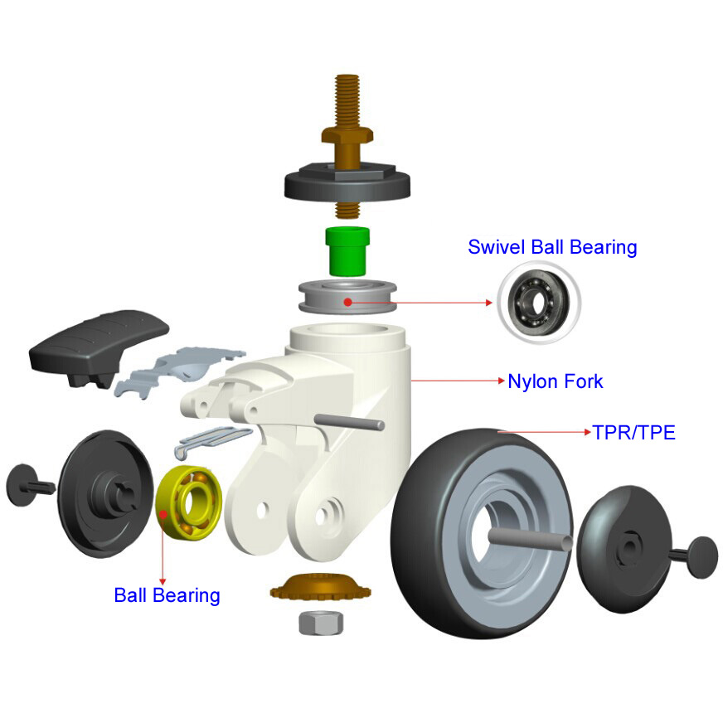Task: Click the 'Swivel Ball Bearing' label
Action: pos(552,247)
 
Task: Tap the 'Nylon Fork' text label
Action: pos(556,381)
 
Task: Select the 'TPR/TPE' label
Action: pos(634,433)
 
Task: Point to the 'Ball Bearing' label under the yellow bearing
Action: pos(167,595)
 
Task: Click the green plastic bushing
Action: pos(347,251)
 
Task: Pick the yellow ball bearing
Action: pos(189,502)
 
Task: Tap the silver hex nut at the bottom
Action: pos(321,623)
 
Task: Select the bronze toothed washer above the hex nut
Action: pos(321,586)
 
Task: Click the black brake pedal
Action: pos(98,347)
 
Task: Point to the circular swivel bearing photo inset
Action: pos(539,303)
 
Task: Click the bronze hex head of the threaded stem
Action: pos(347,136)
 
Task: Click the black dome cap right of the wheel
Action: pos(624,549)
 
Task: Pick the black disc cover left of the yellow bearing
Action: pos(105,493)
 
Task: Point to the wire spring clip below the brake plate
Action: pos(211,442)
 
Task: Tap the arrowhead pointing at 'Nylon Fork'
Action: pos(502,381)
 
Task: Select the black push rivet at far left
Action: pos(29,486)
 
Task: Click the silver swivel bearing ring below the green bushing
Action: pos(347,297)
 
